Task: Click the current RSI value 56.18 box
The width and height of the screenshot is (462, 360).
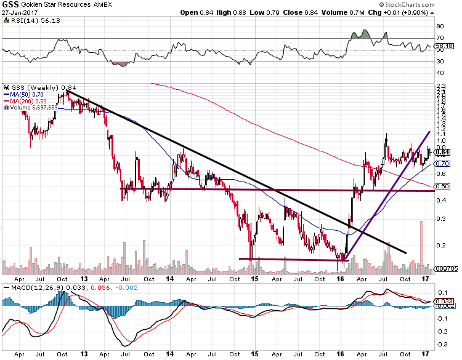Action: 444,46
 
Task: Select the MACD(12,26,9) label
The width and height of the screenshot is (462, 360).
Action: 26,288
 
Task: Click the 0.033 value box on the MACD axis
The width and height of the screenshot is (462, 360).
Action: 444,301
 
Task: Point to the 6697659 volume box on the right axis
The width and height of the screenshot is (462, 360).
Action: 446,268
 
